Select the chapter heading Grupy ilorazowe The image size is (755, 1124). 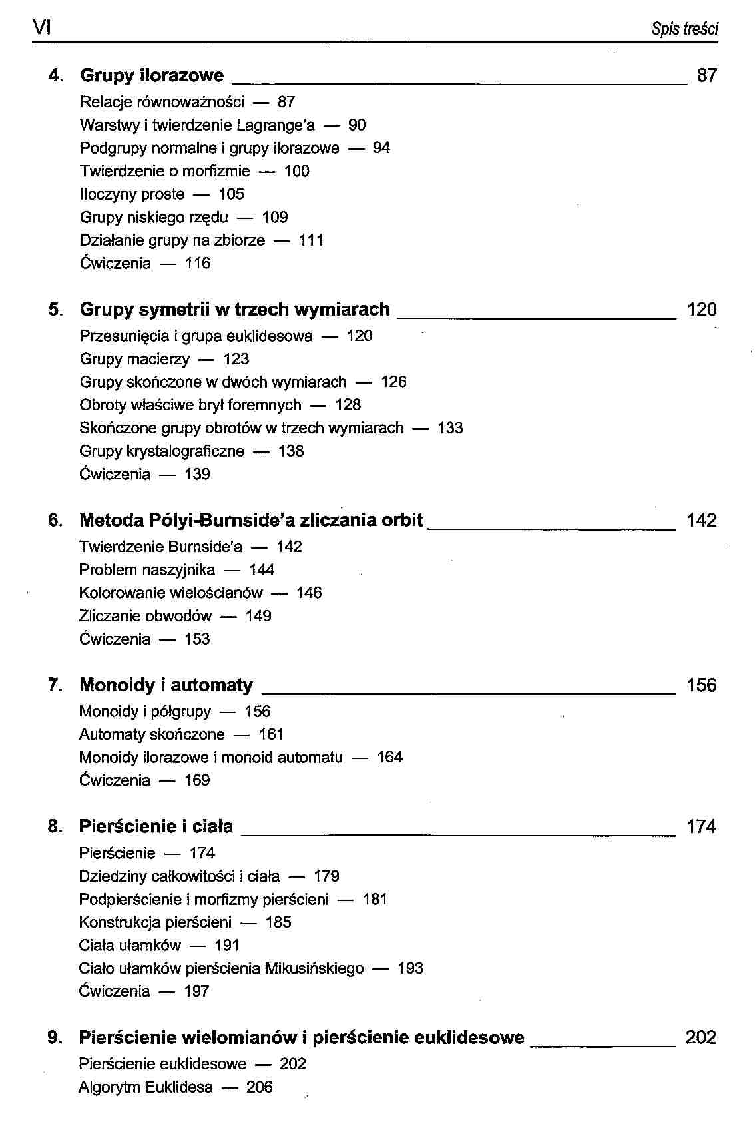[152, 75]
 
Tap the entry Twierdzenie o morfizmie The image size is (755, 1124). [164, 171]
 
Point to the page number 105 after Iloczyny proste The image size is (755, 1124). [231, 194]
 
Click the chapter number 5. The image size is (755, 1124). [55, 310]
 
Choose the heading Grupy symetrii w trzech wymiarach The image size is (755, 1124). [234, 310]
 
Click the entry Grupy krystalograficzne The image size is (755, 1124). [162, 451]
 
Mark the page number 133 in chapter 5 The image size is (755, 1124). [450, 428]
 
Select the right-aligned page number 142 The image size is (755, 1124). [701, 521]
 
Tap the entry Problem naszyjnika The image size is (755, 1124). [147, 570]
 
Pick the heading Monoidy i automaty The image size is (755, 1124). [166, 685]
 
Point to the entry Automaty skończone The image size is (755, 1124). [152, 734]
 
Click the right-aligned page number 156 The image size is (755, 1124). [701, 685]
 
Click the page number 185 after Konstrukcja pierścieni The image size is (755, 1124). [278, 922]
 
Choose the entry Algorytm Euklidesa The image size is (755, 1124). [146, 1087]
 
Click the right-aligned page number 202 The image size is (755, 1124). [700, 1037]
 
